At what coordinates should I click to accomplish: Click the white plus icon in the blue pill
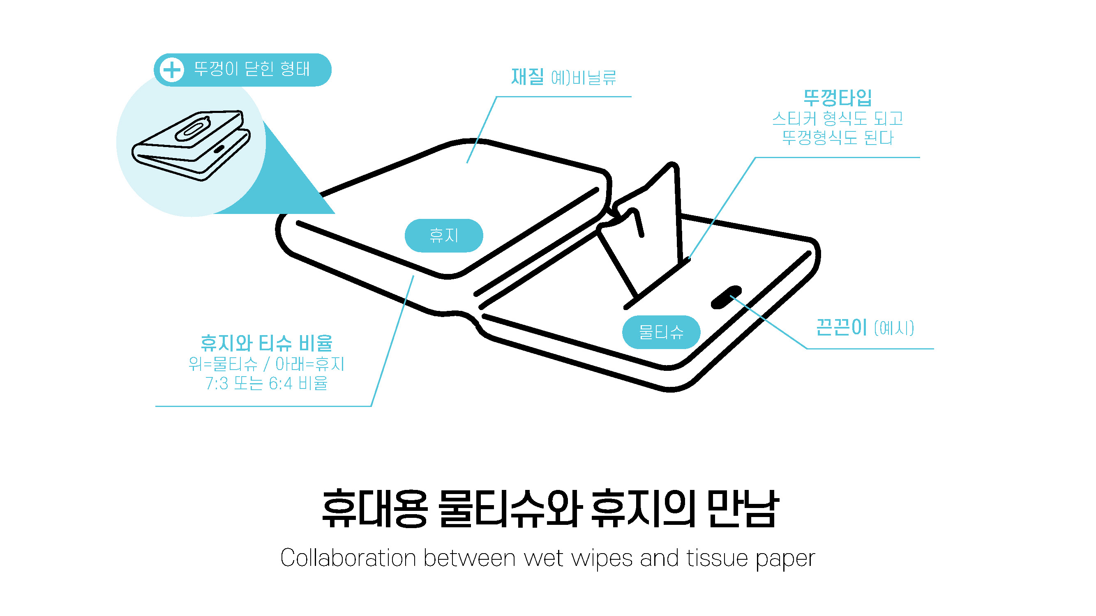pos(172,70)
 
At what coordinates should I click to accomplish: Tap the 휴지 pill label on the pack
pos(443,235)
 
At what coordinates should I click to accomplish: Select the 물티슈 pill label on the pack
pos(661,332)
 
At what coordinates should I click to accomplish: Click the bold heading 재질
pos(527,77)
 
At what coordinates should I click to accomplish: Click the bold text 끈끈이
pos(841,328)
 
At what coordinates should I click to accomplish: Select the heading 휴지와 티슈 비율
pos(266,343)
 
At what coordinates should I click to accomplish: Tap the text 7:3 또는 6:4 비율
pos(266,384)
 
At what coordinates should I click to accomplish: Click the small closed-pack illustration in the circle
pos(192,145)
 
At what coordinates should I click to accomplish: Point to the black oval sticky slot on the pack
pos(726,297)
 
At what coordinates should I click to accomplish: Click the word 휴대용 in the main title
pos(374,509)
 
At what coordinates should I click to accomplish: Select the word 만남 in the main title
pos(743,509)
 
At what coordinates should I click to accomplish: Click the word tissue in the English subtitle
pos(717,558)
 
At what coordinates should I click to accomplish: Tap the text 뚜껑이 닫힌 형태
pos(252,69)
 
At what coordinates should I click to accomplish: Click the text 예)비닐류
pos(583,78)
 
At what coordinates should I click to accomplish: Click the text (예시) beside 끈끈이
pos(894,329)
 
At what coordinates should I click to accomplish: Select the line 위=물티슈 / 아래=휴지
pos(266,364)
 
